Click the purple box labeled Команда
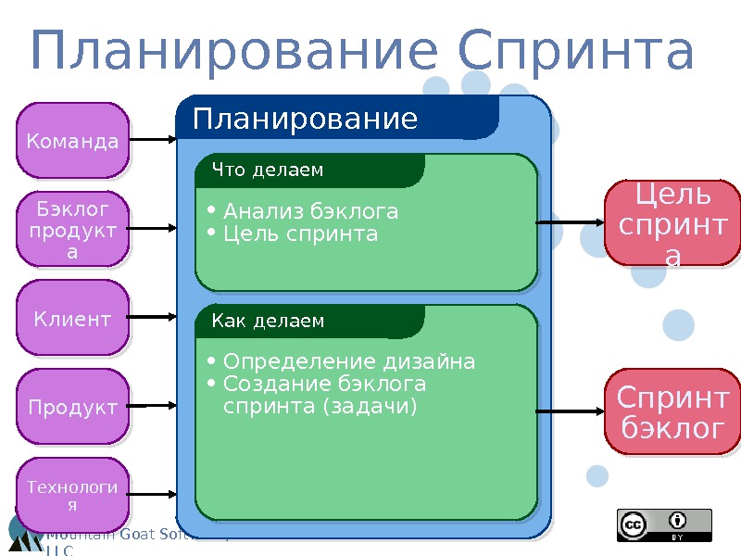pyautogui.click(x=72, y=141)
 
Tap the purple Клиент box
pyautogui.click(x=72, y=318)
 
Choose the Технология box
pyautogui.click(x=72, y=495)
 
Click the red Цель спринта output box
pyautogui.click(x=672, y=223)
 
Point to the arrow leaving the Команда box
pyautogui.click(x=152, y=140)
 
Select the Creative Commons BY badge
pyautogui.click(x=664, y=524)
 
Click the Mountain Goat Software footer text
pyautogui.click(x=130, y=535)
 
